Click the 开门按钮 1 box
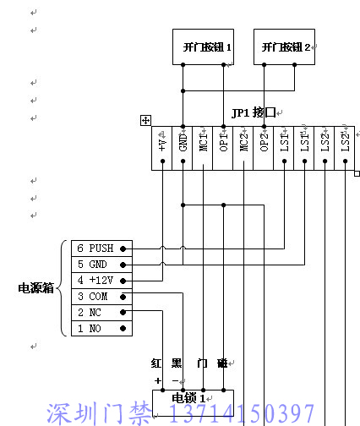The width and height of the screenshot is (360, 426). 203,46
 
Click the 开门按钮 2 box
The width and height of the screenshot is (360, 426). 284,46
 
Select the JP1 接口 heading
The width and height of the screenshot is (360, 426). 254,112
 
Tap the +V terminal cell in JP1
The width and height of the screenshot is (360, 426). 162,148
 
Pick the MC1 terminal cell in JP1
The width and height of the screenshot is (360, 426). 203,148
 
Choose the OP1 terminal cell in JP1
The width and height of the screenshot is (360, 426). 223,148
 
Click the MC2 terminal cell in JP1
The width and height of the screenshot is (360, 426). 243,148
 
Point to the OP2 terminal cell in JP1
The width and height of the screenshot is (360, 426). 264,148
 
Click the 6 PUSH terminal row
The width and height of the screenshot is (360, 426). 101,248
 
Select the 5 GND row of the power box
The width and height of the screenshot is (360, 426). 101,265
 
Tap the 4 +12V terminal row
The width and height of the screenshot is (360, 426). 101,281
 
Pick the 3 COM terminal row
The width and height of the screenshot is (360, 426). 101,297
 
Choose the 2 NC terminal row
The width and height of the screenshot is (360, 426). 101,313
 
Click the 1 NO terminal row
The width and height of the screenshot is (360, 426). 101,329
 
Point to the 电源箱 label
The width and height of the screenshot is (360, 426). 35,288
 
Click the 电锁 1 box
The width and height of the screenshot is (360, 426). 193,403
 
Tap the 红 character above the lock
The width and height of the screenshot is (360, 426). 156,363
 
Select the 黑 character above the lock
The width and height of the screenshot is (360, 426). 177,363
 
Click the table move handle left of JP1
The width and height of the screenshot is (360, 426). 145,121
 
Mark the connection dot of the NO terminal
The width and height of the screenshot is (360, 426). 123,329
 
